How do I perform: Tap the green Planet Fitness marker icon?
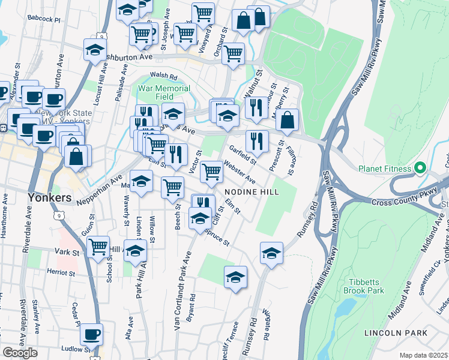click(x=420, y=168)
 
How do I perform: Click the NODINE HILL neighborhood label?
click(x=252, y=191)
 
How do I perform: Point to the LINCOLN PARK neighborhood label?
click(x=396, y=332)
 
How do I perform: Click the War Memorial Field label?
click(x=164, y=92)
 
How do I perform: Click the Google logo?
click(x=20, y=353)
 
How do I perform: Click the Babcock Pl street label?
click(x=44, y=19)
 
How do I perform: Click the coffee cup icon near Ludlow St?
click(x=91, y=334)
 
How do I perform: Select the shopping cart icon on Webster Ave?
click(x=211, y=171)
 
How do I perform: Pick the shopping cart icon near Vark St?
click(x=98, y=246)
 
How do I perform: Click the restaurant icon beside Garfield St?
click(x=257, y=141)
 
